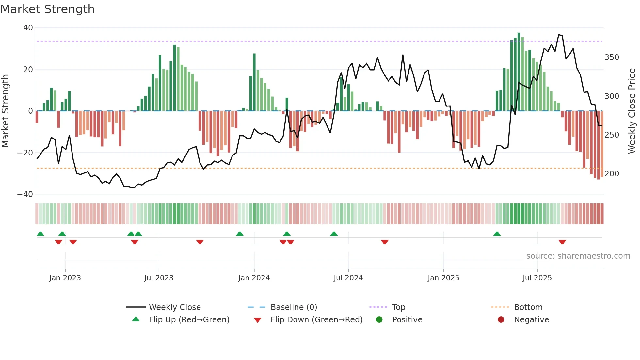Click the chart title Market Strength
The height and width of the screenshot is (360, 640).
(x=47, y=9)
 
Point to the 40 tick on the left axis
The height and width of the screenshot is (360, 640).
(x=28, y=28)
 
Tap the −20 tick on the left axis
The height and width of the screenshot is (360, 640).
(x=25, y=153)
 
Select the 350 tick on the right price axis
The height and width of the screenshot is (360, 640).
(x=612, y=57)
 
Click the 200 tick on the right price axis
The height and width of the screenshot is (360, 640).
(x=612, y=174)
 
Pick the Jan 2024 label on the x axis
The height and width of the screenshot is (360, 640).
(x=254, y=278)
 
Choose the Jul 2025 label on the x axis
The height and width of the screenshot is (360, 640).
(x=537, y=278)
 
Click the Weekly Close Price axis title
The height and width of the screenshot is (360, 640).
(x=632, y=111)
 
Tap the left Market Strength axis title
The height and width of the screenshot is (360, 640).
(x=6, y=111)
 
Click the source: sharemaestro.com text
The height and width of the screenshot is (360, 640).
(x=578, y=256)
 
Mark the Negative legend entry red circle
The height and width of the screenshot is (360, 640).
(x=501, y=320)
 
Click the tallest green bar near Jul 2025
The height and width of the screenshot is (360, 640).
(x=519, y=72)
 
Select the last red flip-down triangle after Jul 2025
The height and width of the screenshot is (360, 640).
(x=562, y=242)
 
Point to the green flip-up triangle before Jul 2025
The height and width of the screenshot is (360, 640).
(x=497, y=234)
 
